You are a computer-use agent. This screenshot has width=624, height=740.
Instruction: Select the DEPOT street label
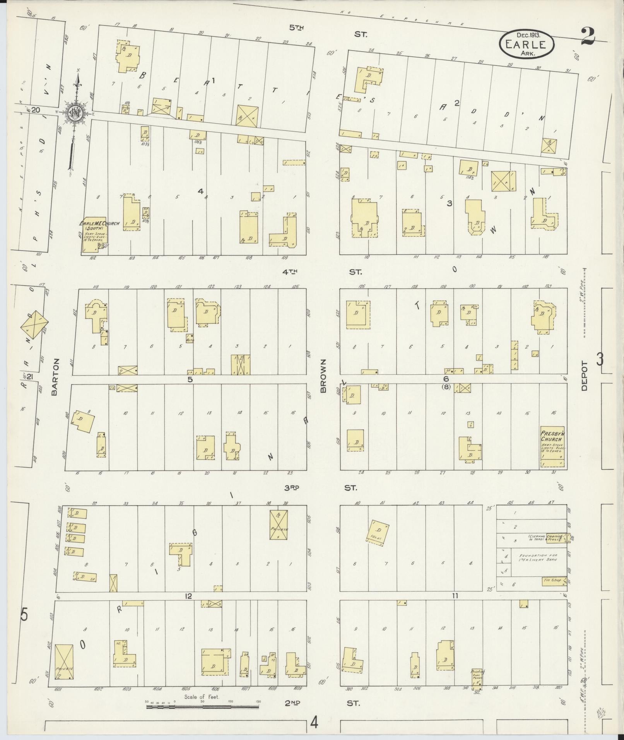[x=584, y=376]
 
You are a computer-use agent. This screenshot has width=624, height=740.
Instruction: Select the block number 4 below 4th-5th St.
[x=200, y=191]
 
